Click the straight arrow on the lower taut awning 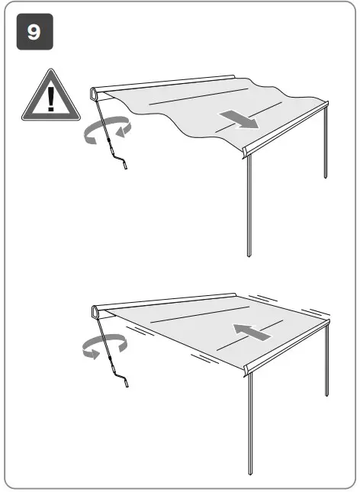point(251,332)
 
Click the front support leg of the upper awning point(249,206)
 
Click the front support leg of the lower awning point(249,427)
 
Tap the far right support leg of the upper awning point(326,145)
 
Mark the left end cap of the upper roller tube point(94,94)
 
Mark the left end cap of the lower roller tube point(95,311)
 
